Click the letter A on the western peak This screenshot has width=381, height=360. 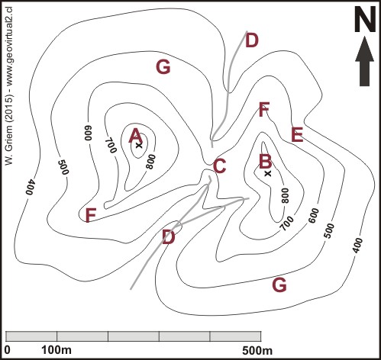point(135,136)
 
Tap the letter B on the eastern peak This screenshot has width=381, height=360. point(265,161)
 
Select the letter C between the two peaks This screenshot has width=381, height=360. point(219,166)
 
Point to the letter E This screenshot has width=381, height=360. point(297,134)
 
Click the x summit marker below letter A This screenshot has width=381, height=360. point(138,146)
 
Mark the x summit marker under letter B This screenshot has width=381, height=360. point(268,174)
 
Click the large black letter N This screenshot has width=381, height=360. point(365,19)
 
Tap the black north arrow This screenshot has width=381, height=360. point(365,61)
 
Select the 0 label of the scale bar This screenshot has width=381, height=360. point(8,350)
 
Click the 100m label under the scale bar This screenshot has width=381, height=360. point(57,350)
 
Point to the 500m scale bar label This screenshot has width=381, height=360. point(257,351)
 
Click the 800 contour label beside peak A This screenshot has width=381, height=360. point(150,162)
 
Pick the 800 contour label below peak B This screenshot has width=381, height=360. point(286,195)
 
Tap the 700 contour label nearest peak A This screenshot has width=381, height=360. point(111,145)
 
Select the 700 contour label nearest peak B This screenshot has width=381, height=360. point(287,223)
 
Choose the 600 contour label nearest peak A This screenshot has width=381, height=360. point(88,133)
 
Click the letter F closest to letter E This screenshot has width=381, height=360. point(264,109)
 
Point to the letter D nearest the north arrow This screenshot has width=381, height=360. point(252,40)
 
